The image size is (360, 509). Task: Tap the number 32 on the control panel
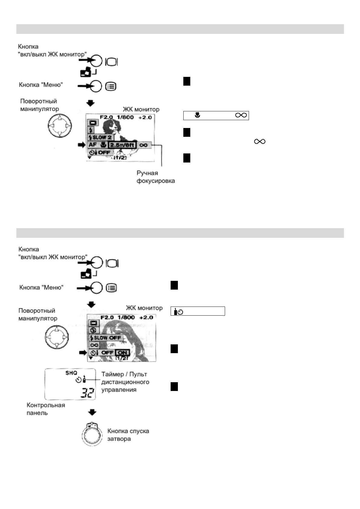pos(87,393)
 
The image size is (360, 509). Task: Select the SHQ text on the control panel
pos(71,373)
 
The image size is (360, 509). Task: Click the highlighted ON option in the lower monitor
pos(123,353)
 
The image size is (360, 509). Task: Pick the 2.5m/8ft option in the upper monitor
pos(122,145)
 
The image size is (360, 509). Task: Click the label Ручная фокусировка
pos(155,177)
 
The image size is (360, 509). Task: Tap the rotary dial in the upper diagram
pos(60,125)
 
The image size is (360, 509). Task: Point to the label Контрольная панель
pos(46,409)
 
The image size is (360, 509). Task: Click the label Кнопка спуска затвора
pos(128,435)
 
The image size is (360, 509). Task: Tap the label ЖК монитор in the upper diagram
pos(141,109)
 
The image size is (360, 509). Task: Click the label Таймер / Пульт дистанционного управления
pos(125,382)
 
